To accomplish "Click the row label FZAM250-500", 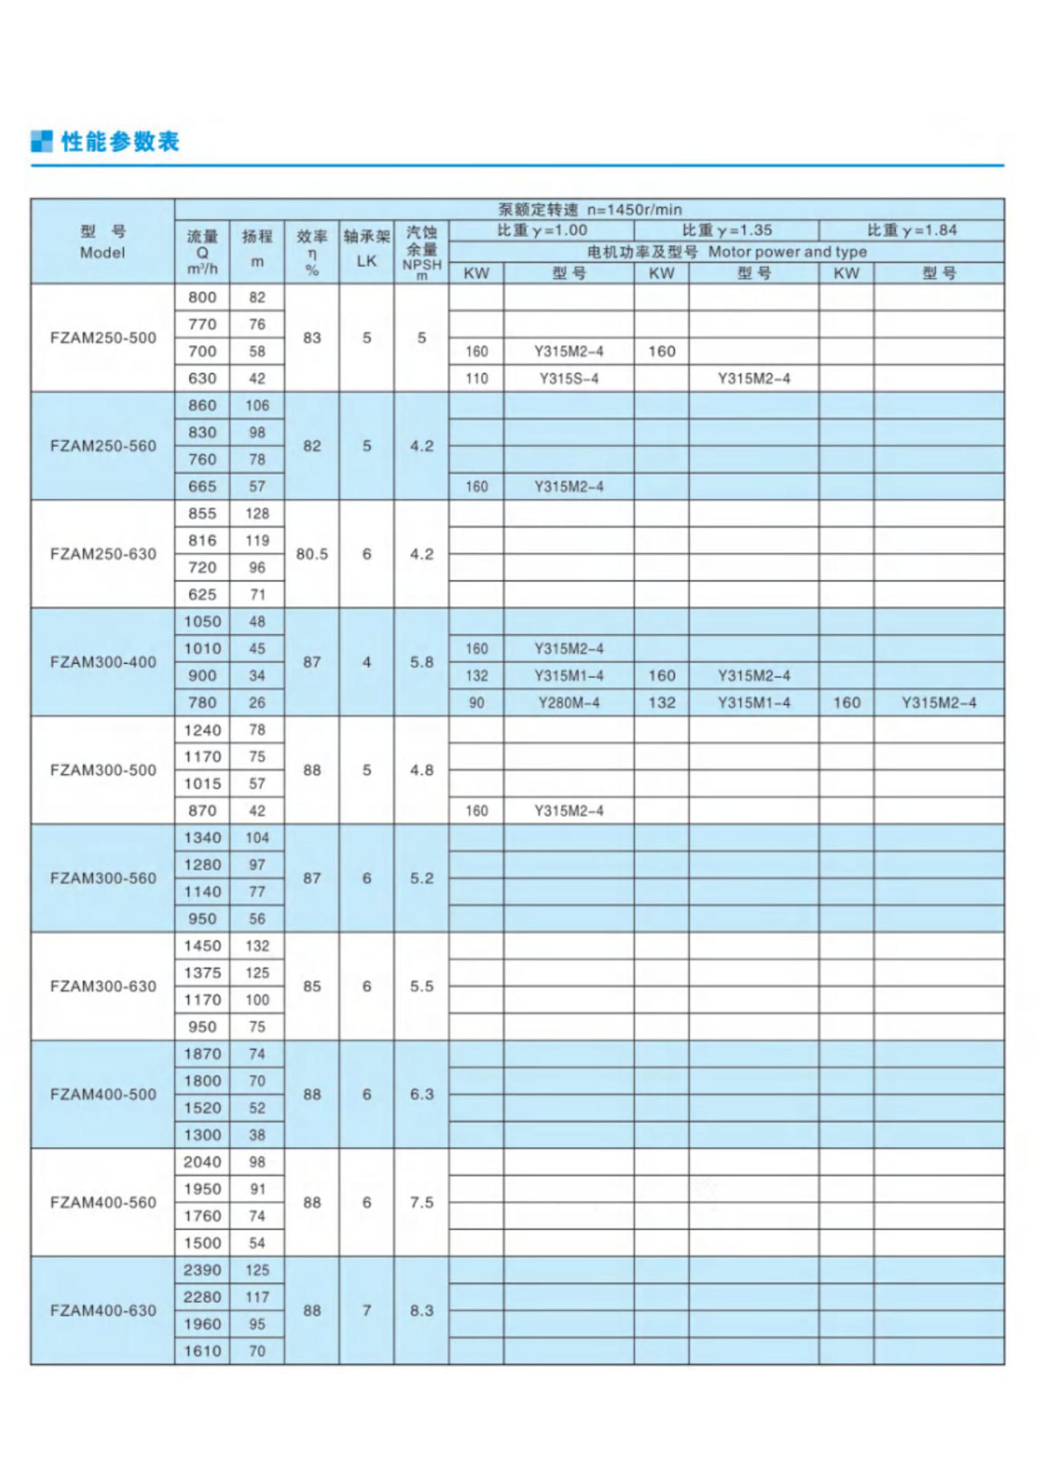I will point(102,337).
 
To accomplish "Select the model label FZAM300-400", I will point(102,662).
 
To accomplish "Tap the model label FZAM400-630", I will point(102,1310).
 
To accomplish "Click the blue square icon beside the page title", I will point(42,141).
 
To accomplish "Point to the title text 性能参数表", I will point(120,141).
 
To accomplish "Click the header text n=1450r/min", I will point(634,209).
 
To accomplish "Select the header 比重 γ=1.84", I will point(911,230).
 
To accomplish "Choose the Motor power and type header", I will point(787,251).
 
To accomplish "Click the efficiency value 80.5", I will point(311,554).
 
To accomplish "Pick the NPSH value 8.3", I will point(421,1310).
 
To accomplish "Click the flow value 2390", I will point(202,1269).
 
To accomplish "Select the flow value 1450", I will point(202,945).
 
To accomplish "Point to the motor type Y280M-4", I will point(569,703).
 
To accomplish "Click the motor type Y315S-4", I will point(569,378).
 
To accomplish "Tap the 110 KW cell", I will point(476,378).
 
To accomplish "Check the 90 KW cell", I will point(476,703).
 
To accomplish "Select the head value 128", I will point(257,513).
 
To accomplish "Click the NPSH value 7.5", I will point(421,1202).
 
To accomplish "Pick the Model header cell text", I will point(102,252).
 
